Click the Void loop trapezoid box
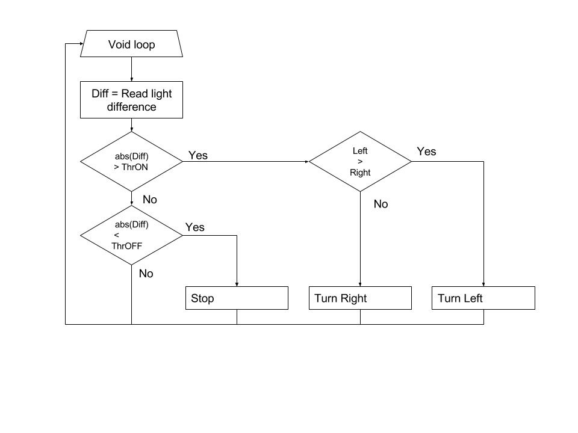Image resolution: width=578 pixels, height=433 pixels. click(x=132, y=44)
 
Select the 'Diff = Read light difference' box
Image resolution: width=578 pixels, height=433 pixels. click(x=132, y=100)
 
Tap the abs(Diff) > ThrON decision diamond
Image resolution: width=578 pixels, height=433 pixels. click(x=132, y=161)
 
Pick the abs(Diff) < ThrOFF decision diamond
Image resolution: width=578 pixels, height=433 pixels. click(x=132, y=235)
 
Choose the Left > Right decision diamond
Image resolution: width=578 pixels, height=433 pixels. click(x=360, y=161)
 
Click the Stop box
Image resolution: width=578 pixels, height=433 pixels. click(x=237, y=298)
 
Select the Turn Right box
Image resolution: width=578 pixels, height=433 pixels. click(x=360, y=298)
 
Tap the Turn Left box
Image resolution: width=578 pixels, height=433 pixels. click(x=483, y=298)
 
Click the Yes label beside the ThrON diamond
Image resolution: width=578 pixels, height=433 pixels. click(x=198, y=155)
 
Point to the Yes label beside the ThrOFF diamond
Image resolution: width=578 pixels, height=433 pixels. click(x=194, y=227)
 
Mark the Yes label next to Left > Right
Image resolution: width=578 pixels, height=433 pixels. click(x=426, y=152)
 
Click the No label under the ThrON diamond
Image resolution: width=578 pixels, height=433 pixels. click(x=150, y=200)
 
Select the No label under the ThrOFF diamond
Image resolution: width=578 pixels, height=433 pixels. click(x=146, y=274)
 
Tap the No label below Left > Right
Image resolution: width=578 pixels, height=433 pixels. click(x=381, y=204)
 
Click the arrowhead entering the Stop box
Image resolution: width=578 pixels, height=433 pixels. click(x=237, y=284)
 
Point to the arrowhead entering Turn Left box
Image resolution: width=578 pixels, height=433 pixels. click(x=483, y=284)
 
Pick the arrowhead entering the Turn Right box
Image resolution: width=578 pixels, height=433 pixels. click(x=360, y=284)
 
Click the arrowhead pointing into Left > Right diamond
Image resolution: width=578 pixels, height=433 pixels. click(x=306, y=161)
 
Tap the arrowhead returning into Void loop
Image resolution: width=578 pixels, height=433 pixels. click(x=81, y=43)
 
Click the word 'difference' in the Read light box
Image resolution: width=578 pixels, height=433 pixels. click(x=132, y=107)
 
